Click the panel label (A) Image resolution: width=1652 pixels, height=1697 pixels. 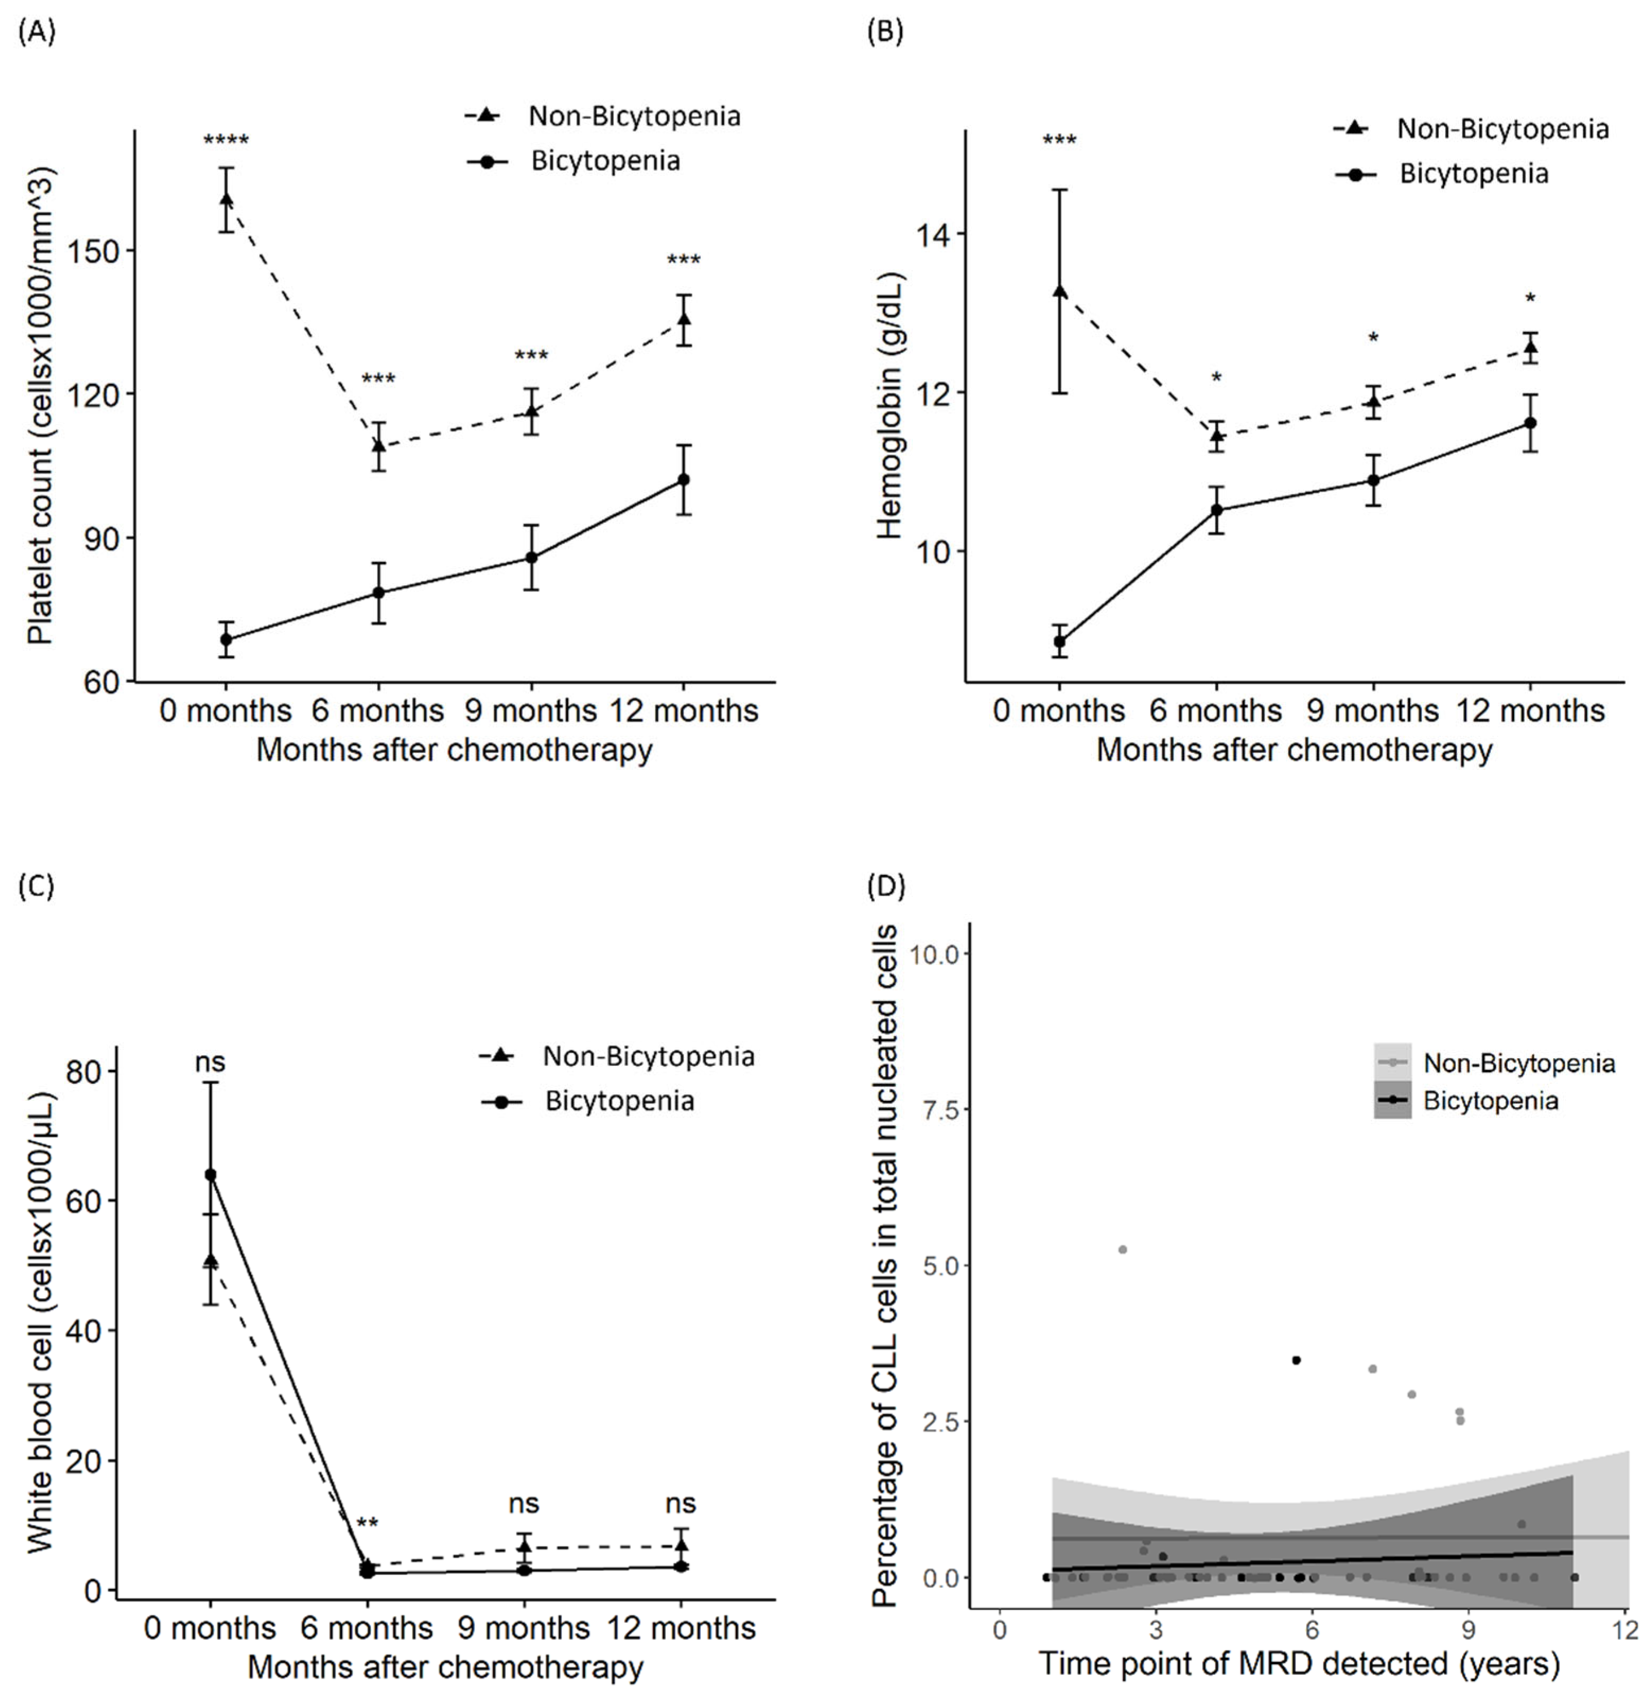37,32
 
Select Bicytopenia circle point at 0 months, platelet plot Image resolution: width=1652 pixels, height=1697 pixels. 226,640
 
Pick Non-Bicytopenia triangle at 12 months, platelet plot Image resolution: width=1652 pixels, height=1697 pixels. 684,319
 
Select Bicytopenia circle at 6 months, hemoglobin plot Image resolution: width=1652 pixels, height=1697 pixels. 1216,510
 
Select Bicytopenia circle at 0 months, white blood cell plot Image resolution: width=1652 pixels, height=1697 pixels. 210,1174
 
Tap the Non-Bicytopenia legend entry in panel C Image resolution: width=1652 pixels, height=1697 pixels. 647,1056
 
